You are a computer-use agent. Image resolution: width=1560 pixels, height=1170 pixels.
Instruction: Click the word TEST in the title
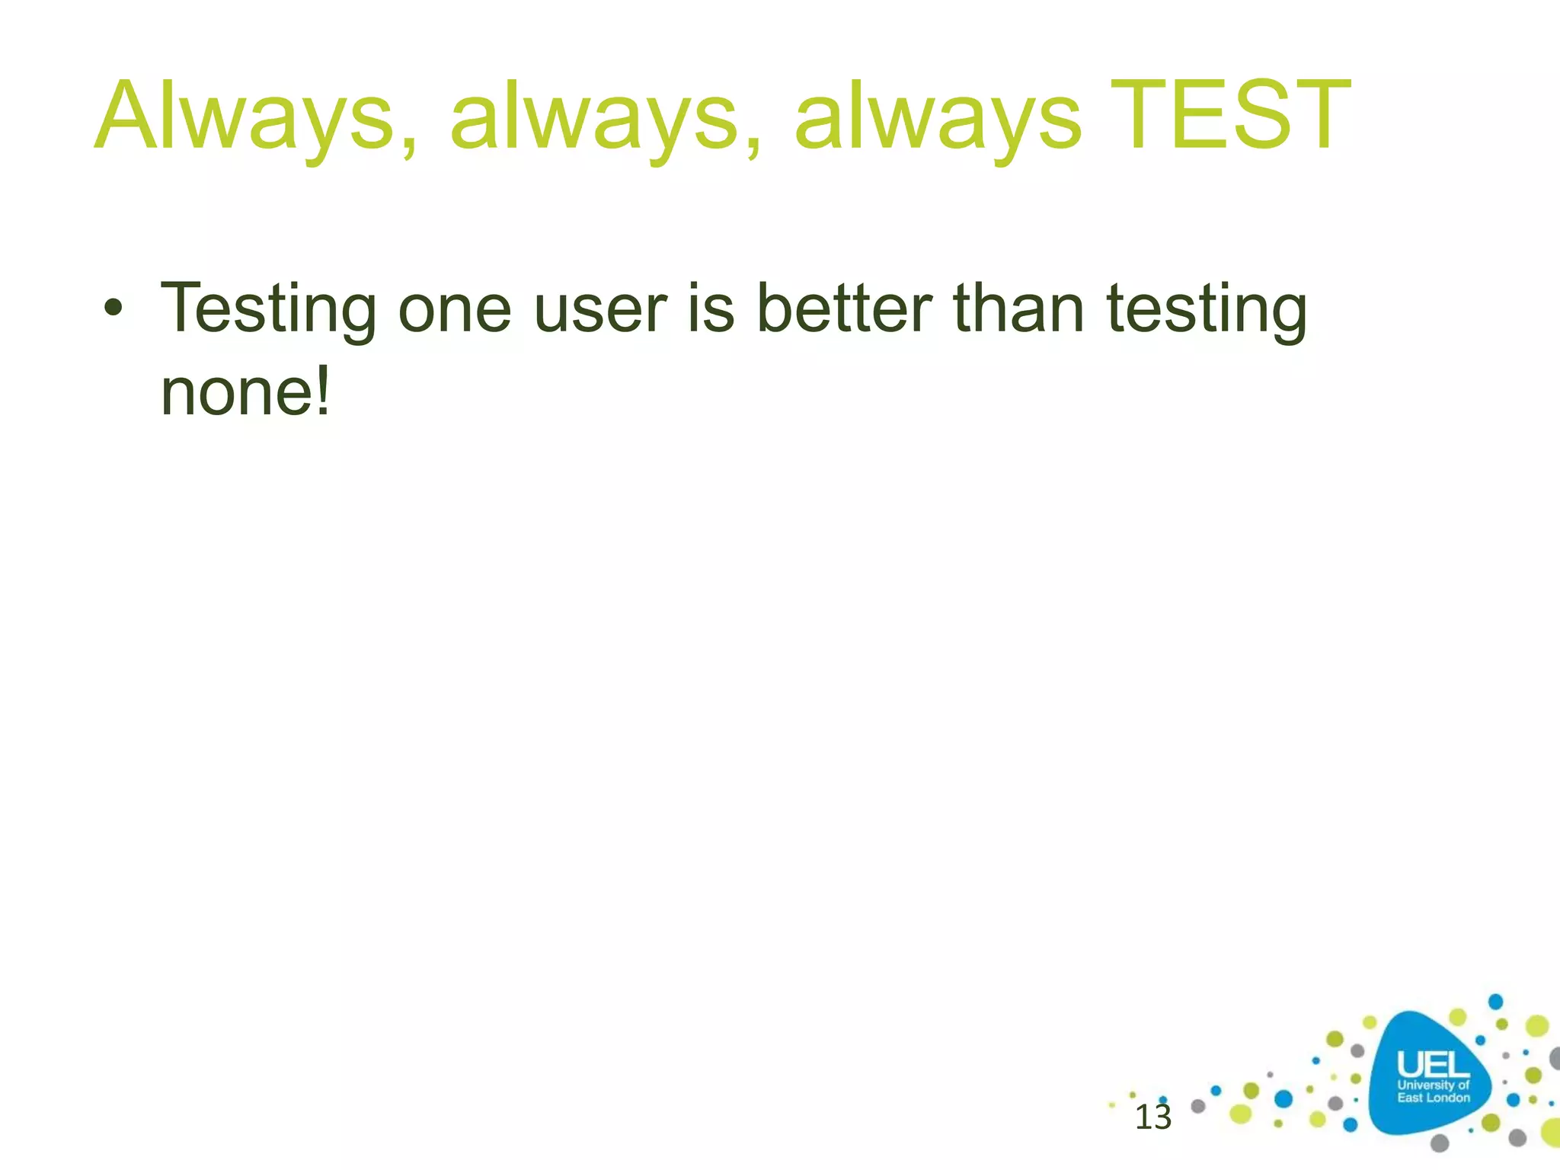[x=1230, y=116]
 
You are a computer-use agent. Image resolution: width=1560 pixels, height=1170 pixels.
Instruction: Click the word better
[x=844, y=308]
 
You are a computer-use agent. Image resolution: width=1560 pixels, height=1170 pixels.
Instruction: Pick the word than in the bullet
[x=1018, y=308]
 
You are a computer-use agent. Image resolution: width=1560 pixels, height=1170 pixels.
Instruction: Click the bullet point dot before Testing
[x=113, y=308]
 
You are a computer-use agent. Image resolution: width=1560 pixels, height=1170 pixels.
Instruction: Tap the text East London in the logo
[x=1433, y=1098]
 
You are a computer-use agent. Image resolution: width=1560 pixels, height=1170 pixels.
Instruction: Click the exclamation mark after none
[x=323, y=392]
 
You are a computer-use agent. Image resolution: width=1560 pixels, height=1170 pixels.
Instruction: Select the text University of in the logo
[x=1433, y=1085]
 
